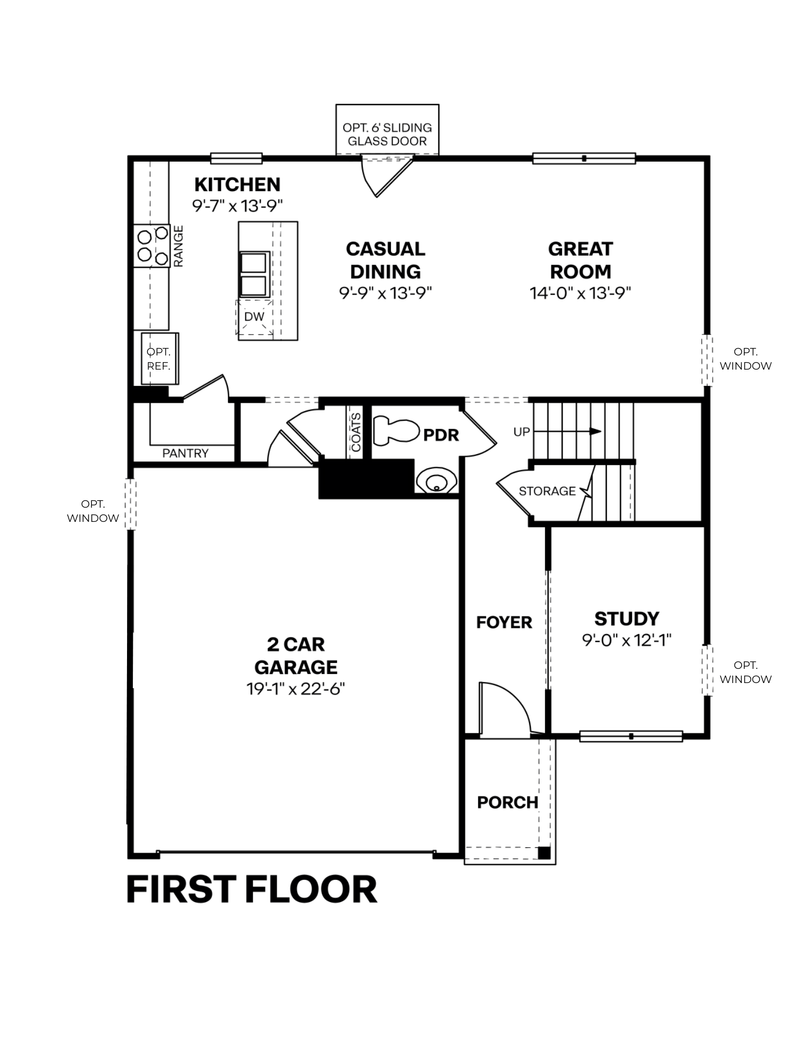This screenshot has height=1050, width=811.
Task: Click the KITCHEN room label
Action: [237, 185]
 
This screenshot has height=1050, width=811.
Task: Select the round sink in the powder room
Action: [435, 480]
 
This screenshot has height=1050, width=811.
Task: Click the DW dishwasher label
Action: [255, 317]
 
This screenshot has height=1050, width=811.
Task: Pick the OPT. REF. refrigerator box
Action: [160, 359]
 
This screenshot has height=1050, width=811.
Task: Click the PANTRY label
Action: [185, 453]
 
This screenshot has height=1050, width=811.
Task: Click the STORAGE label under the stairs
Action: [547, 491]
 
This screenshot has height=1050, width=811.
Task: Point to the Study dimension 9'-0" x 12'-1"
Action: [627, 640]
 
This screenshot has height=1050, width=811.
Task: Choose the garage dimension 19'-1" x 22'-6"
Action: [296, 689]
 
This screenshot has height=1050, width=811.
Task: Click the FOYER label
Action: [504, 622]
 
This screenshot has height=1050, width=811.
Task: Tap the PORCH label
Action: [508, 802]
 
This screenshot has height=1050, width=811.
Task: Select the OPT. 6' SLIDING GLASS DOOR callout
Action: [387, 134]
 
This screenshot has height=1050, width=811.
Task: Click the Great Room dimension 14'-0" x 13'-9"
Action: [580, 293]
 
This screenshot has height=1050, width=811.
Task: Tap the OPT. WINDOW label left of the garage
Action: [93, 511]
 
